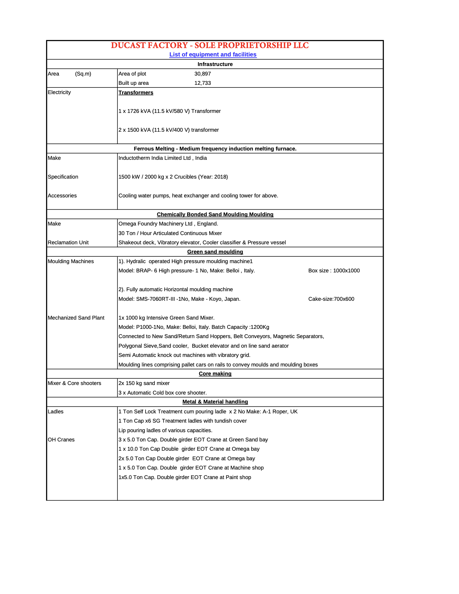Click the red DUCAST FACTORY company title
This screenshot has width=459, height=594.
point(210,45)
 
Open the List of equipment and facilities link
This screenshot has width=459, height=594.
point(213,54)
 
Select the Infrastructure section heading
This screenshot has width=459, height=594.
point(215,64)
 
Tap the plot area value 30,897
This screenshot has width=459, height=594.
point(203,74)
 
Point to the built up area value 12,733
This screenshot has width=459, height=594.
point(203,83)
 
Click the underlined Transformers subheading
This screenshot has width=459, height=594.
point(136,93)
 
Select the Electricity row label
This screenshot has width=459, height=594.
point(59,92)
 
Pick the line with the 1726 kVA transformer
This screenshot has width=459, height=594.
point(170,111)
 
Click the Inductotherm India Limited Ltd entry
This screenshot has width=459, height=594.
point(163,158)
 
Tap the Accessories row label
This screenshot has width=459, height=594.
point(62,196)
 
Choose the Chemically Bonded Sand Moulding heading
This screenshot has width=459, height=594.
point(215,214)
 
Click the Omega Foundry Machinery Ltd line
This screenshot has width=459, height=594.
point(168,224)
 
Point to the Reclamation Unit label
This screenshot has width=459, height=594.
point(68,243)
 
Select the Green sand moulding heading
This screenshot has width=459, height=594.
point(215,252)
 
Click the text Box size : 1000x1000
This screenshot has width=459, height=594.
point(334,271)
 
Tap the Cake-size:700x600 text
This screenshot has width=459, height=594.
point(331,299)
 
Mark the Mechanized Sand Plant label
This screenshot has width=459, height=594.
point(76,318)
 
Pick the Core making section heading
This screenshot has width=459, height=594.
point(215,374)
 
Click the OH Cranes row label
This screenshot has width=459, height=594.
point(61,440)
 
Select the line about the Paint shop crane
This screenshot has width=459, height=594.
point(185,477)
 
